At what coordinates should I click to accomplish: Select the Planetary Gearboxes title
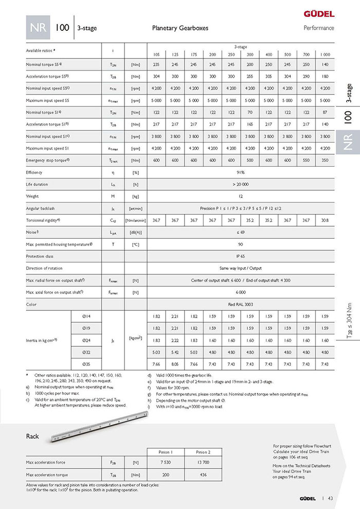pyautogui.click(x=180, y=28)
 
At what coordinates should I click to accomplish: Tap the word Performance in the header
pyautogui.click(x=319, y=28)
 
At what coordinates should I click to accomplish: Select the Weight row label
pyautogui.click(x=32, y=197)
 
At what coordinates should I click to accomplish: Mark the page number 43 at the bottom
pyautogui.click(x=330, y=498)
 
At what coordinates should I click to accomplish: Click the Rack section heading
pyautogui.click(x=32, y=436)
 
